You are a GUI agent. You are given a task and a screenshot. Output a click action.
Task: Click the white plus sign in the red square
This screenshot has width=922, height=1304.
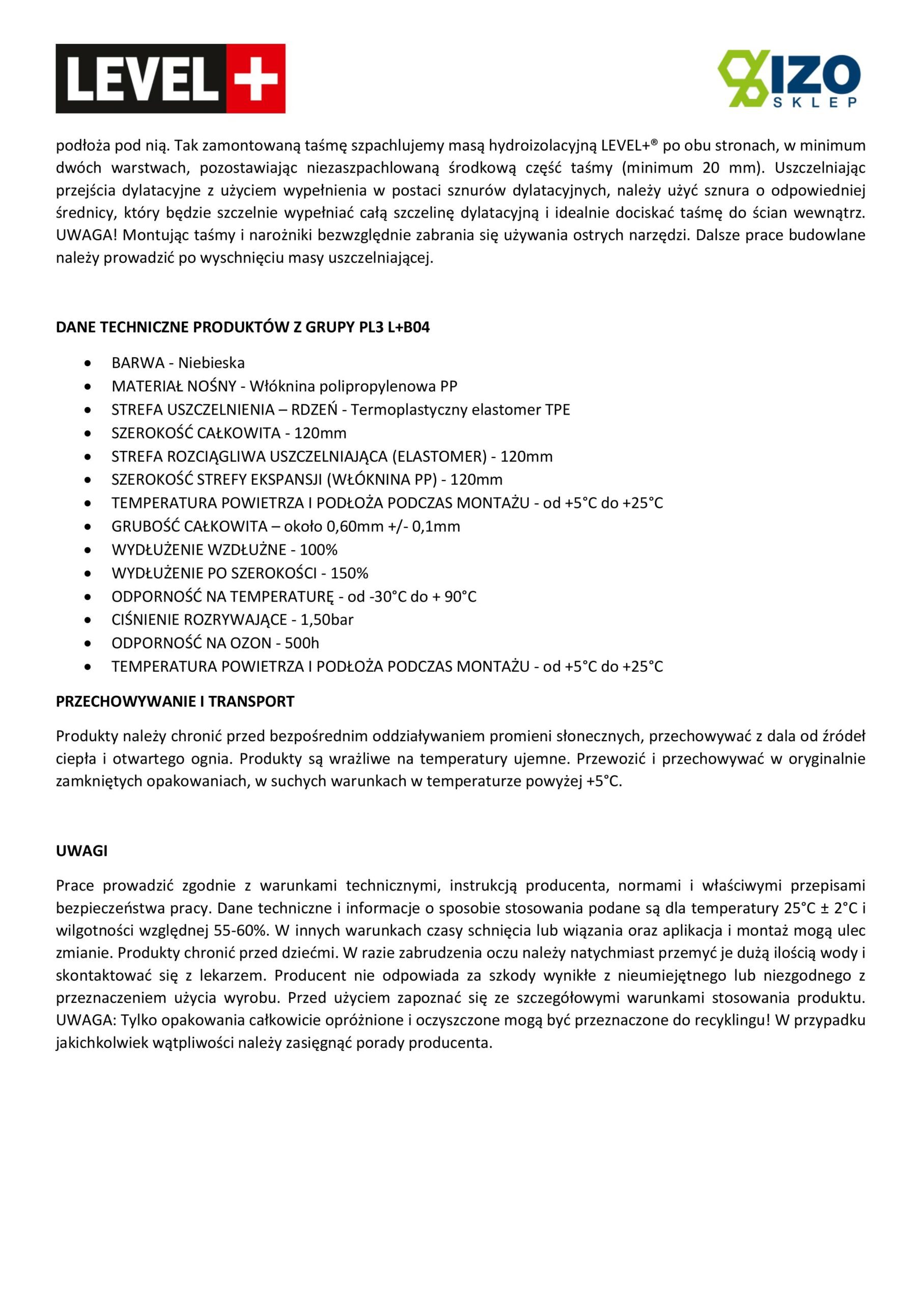256,78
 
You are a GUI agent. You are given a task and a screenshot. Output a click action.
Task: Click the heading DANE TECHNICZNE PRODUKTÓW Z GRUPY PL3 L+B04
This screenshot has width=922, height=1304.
242,328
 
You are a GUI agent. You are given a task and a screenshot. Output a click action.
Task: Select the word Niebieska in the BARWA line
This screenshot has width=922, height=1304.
211,363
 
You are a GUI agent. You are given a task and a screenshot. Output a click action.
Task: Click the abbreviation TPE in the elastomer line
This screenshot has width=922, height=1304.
557,410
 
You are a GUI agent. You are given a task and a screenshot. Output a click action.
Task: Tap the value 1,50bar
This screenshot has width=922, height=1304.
327,619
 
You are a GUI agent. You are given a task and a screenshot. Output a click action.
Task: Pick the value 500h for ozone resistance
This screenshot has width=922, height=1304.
302,643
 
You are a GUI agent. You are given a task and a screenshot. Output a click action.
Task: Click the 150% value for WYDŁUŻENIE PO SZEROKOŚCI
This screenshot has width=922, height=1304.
349,573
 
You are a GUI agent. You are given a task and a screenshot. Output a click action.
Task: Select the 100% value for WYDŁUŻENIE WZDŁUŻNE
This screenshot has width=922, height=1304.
319,550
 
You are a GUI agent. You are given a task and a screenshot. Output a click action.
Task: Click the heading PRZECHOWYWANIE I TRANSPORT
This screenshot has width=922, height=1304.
175,701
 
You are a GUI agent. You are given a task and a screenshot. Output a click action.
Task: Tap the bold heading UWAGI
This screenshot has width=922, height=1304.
82,851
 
